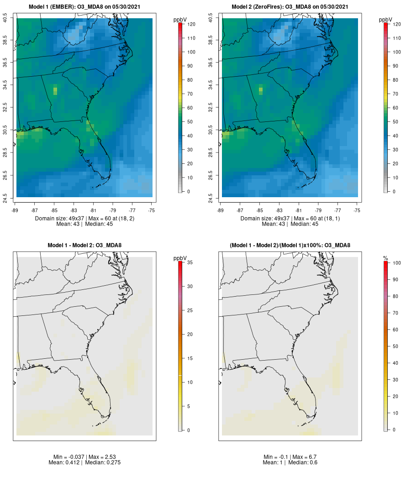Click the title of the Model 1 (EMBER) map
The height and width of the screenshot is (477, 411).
[84, 7]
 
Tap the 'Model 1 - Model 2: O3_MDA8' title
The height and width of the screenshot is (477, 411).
[84, 246]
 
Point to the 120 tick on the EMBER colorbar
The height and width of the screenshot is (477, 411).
[191, 24]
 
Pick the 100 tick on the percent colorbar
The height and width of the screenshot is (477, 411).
[396, 263]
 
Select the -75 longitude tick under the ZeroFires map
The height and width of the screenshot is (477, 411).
[357, 210]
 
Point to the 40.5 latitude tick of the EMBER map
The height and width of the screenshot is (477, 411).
[5, 18]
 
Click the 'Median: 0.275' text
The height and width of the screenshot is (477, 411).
[101, 463]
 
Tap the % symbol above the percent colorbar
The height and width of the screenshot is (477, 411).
[386, 259]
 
